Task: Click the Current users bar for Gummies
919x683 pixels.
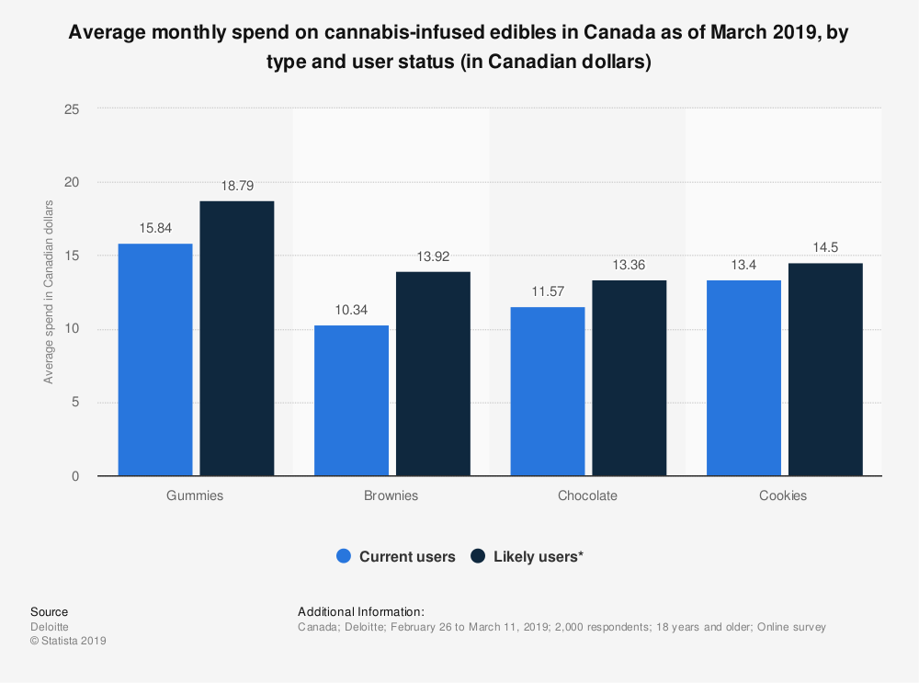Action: click(x=155, y=359)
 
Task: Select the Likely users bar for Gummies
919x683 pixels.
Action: click(x=236, y=338)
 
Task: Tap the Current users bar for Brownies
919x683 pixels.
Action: click(x=351, y=400)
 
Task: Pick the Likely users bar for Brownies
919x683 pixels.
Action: click(x=432, y=373)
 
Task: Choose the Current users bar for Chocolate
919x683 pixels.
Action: click(x=548, y=391)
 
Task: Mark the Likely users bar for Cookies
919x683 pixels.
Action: click(x=825, y=370)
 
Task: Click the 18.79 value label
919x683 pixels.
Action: click(x=236, y=186)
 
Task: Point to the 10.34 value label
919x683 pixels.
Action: click(x=351, y=310)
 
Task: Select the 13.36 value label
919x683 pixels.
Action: click(x=629, y=265)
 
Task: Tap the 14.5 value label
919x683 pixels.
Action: click(x=825, y=248)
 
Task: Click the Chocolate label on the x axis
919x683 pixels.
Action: click(x=587, y=495)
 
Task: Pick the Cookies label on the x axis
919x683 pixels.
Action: click(x=783, y=495)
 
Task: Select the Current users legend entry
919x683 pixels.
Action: click(x=395, y=556)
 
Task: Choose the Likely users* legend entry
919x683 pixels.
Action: click(x=527, y=556)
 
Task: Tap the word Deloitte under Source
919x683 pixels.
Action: click(x=50, y=627)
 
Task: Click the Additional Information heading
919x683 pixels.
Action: click(x=361, y=611)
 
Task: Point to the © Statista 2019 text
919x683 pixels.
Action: click(x=68, y=642)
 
